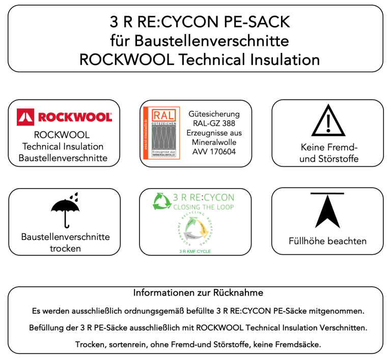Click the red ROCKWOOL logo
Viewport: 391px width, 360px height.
tap(64, 116)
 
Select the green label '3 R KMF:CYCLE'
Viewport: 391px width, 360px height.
tap(195, 251)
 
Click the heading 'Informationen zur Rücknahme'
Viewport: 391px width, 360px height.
tap(198, 293)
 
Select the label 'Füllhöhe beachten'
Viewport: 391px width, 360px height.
tap(327, 241)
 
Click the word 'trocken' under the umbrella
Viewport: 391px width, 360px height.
tap(65, 248)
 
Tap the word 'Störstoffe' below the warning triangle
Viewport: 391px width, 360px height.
tap(340, 159)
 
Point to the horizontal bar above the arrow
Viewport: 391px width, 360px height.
tap(327, 193)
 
